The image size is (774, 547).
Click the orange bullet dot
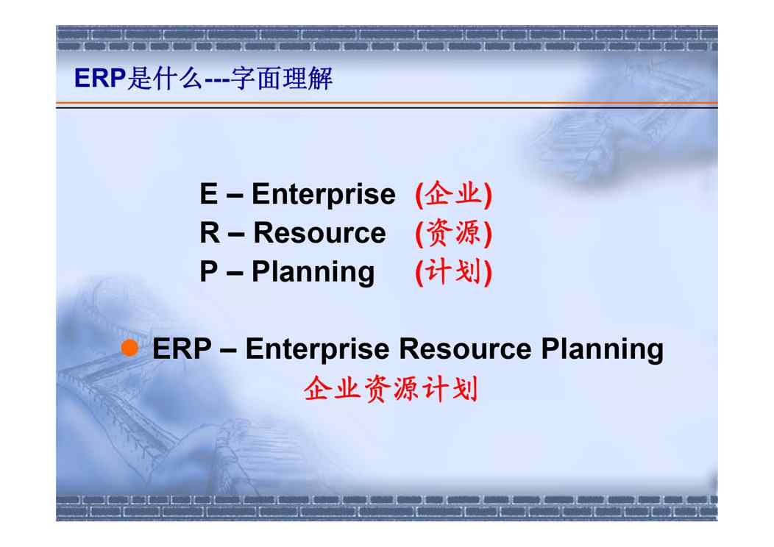(x=129, y=348)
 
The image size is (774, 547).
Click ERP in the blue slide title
(x=100, y=78)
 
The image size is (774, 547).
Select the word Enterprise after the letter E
(x=323, y=194)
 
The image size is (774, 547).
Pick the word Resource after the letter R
(x=319, y=233)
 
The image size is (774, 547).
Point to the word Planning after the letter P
(x=313, y=272)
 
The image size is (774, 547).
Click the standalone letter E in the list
(x=208, y=193)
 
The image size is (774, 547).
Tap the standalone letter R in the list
(x=209, y=232)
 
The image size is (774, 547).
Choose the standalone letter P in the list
(x=208, y=271)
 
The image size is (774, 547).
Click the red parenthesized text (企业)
(x=454, y=194)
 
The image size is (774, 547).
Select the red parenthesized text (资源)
(x=454, y=233)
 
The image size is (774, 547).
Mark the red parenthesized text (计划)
(x=454, y=272)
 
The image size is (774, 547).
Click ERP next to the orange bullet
(x=182, y=348)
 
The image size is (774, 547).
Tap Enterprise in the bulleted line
(x=317, y=349)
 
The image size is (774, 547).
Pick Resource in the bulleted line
(x=465, y=349)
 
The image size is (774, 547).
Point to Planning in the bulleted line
(x=603, y=350)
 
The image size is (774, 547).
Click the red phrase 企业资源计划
(x=391, y=389)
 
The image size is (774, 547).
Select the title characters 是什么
(x=164, y=79)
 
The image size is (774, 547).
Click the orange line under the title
(x=387, y=103)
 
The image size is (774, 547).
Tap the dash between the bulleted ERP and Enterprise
(x=229, y=351)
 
